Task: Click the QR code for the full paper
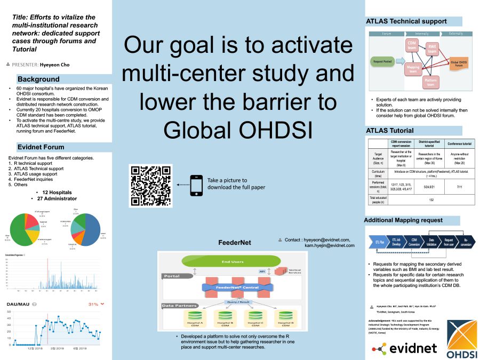(x=151, y=185)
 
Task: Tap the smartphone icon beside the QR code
(x=196, y=185)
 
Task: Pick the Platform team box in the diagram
(x=430, y=82)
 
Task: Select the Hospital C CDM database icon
(x=254, y=319)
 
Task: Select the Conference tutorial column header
(x=459, y=143)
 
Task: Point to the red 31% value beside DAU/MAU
(x=93, y=304)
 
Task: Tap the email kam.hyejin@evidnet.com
(x=329, y=245)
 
